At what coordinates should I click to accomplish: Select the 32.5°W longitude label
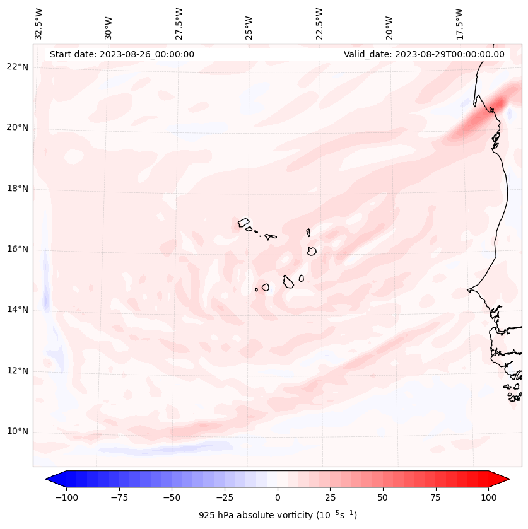[39, 23]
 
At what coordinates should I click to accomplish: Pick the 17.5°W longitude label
[459, 23]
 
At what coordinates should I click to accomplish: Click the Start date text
[122, 54]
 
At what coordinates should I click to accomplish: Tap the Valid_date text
[424, 54]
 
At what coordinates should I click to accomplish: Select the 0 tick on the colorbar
[278, 497]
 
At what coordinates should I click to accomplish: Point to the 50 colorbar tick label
[382, 497]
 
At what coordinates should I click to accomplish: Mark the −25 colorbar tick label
[225, 497]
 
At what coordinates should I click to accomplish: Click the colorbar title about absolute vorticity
[278, 515]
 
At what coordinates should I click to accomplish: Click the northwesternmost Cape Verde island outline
[243, 223]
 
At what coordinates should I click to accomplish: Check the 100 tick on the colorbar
[488, 497]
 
